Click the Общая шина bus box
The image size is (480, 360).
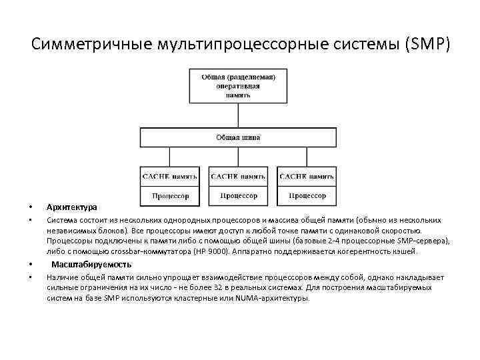[x=238, y=137]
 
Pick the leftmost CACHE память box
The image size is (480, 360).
[x=170, y=177]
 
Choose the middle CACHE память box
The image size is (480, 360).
[x=238, y=177]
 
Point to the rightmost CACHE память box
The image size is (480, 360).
[x=307, y=177]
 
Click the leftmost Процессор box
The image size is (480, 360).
[x=170, y=196]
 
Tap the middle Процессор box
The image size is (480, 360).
[x=238, y=196]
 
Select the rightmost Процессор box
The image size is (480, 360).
[x=307, y=196]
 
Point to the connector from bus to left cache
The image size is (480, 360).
[x=170, y=157]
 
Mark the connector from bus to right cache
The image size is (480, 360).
[x=307, y=157]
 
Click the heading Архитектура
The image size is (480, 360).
[x=72, y=207]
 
